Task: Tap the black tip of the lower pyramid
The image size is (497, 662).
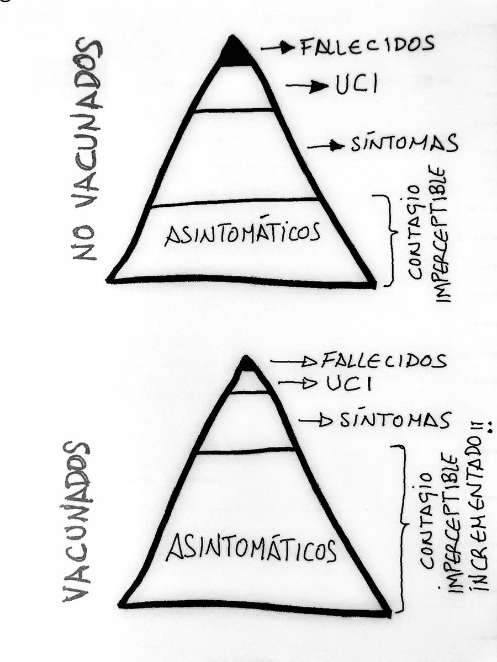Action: point(246,364)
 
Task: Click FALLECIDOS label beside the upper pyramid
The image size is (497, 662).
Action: point(367,46)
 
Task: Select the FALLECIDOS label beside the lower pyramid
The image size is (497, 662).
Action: point(383,360)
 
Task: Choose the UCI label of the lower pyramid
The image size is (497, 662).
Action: point(348,383)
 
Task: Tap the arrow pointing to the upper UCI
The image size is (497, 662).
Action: point(307,86)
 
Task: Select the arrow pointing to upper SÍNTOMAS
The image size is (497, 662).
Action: point(326,146)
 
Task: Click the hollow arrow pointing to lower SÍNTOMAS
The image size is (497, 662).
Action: point(315,420)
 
